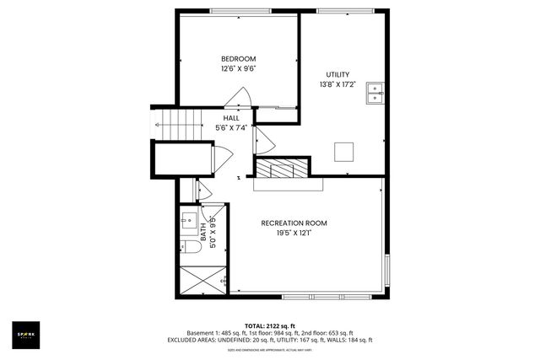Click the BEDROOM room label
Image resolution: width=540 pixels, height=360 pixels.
pyautogui.click(x=238, y=58)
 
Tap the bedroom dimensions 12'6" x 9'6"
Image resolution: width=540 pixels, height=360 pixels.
pyautogui.click(x=238, y=69)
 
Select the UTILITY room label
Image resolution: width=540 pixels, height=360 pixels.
pyautogui.click(x=337, y=74)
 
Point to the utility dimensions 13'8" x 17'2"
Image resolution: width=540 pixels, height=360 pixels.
pyautogui.click(x=337, y=85)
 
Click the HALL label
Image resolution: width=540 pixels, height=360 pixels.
pyautogui.click(x=230, y=118)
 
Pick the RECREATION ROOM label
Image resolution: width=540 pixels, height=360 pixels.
pyautogui.click(x=294, y=223)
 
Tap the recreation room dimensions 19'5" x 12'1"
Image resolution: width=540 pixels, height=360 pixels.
pyautogui.click(x=294, y=234)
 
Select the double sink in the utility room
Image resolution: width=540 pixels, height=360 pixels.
pyautogui.click(x=375, y=93)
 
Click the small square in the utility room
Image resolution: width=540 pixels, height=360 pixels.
pyautogui.click(x=344, y=151)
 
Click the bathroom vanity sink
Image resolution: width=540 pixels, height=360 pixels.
pyautogui.click(x=187, y=223)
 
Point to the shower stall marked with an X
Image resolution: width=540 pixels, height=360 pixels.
pyautogui.click(x=202, y=277)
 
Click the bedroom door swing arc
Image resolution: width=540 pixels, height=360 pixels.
pyautogui.click(x=245, y=99)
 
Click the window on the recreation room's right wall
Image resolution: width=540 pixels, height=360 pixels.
pyautogui.click(x=387, y=270)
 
